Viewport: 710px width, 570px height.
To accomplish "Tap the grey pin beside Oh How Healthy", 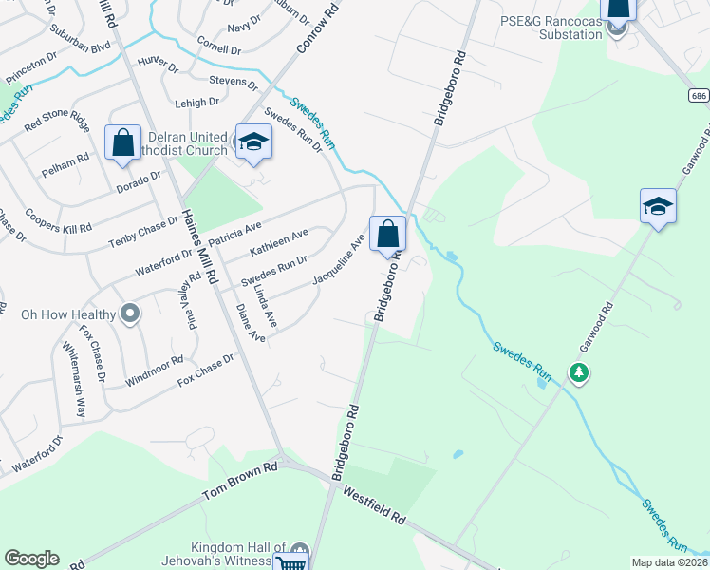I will pos(131,313).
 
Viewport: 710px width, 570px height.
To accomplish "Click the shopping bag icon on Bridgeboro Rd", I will pos(387,234).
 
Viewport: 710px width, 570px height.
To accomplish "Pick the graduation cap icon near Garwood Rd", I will pos(658,206).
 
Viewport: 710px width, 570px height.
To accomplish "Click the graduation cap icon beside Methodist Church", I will pos(252,142).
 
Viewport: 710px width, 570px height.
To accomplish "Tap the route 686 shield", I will pos(699,96).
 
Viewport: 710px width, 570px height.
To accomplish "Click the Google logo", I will pos(31,559).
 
